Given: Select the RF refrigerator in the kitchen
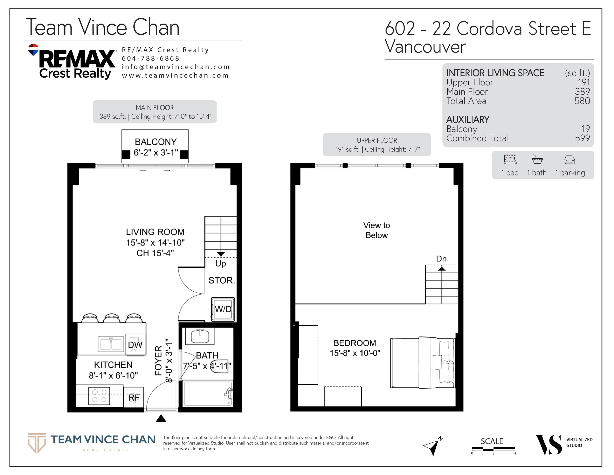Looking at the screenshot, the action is click(x=134, y=397).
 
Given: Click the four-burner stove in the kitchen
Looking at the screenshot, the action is click(x=99, y=396).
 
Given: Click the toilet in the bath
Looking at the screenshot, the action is click(x=221, y=366).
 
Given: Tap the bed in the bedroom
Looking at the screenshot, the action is click(x=422, y=363).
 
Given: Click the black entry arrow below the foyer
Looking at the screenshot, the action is click(x=161, y=419).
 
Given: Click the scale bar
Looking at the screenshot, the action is click(x=493, y=448).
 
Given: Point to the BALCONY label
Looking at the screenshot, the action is click(x=156, y=142).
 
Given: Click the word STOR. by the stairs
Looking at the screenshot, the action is click(x=222, y=280).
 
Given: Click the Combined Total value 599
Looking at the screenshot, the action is click(x=582, y=138).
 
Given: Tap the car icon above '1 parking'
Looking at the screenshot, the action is click(x=569, y=160).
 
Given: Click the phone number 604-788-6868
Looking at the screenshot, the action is click(x=150, y=59).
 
